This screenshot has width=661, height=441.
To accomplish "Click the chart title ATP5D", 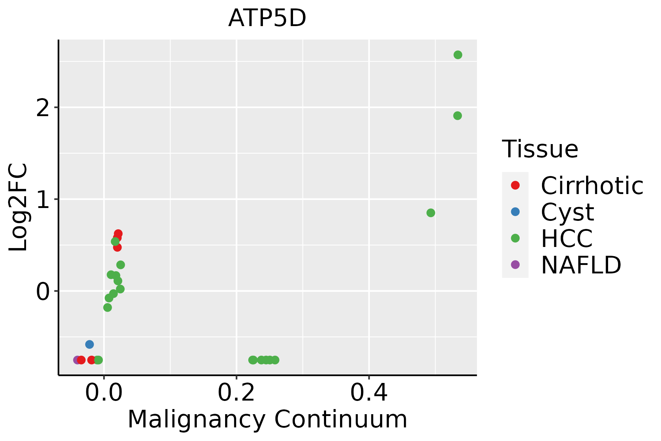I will click(267, 18).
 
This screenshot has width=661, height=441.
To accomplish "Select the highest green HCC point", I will click(458, 55).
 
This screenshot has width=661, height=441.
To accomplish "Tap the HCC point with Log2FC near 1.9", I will click(457, 116).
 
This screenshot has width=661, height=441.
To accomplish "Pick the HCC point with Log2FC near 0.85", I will click(431, 213).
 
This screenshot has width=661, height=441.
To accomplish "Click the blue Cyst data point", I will click(89, 344).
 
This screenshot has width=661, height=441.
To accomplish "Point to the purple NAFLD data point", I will click(77, 360).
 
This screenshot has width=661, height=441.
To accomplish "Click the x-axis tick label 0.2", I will click(236, 393).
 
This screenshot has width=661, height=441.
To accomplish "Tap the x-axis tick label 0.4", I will click(369, 393).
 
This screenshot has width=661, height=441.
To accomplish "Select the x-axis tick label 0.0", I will click(104, 393).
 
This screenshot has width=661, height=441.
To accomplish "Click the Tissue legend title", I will click(540, 149).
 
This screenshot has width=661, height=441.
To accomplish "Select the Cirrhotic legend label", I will click(592, 186).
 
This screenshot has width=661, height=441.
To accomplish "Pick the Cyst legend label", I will click(567, 212).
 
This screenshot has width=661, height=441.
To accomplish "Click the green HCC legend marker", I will click(515, 238).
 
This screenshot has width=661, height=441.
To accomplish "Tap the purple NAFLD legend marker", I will click(515, 264).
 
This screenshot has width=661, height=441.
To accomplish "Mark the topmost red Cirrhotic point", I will click(118, 233).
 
